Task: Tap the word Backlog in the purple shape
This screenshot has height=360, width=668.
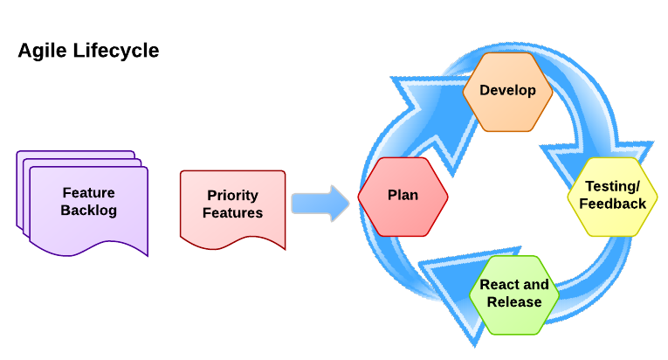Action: tap(89, 211)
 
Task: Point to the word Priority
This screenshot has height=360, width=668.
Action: tap(232, 196)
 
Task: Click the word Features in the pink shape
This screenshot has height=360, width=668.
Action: tap(232, 213)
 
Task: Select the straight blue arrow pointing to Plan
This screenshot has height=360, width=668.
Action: tap(319, 203)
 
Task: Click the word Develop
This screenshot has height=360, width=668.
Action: tap(507, 90)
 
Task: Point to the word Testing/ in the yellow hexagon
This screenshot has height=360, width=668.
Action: tap(612, 186)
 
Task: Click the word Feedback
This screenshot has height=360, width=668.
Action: tap(612, 204)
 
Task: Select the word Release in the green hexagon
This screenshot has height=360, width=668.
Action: tap(514, 302)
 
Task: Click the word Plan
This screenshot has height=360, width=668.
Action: tap(403, 196)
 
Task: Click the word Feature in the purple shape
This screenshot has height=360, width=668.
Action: tap(88, 193)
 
